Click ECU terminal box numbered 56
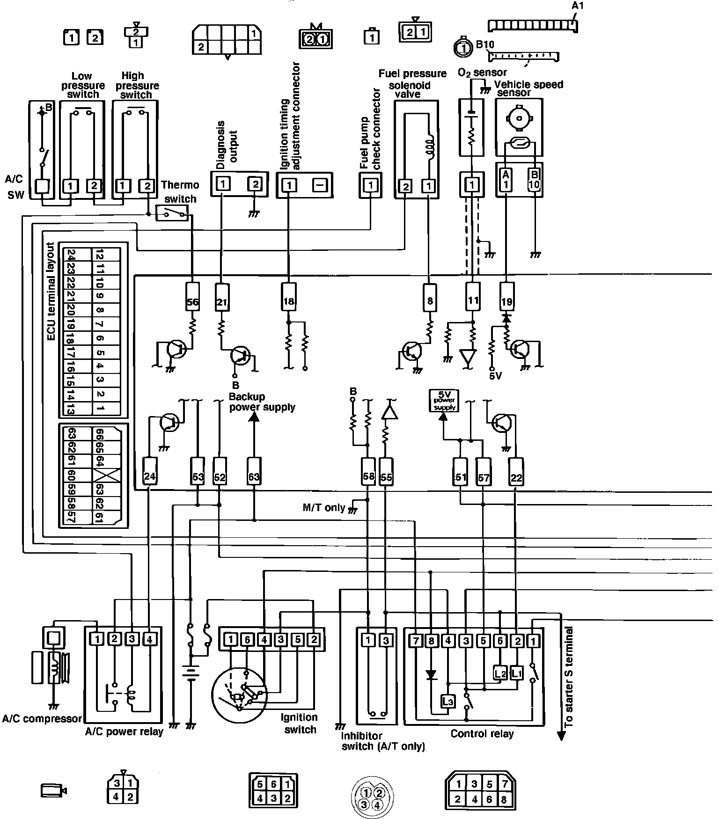192,301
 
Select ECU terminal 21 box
221,301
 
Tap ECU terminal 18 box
289,301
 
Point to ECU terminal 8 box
430,301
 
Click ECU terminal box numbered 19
506,301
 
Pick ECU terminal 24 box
149,477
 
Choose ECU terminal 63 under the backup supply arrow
254,477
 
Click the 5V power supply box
444,401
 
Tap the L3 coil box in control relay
448,701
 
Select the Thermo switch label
180,191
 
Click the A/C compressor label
42,718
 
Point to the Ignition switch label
300,723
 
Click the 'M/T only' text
324,507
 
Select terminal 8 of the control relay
431,640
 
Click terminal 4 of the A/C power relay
149,639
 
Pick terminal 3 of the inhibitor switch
386,640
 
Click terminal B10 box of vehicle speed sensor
534,179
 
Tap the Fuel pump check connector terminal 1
371,185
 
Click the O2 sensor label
482,73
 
